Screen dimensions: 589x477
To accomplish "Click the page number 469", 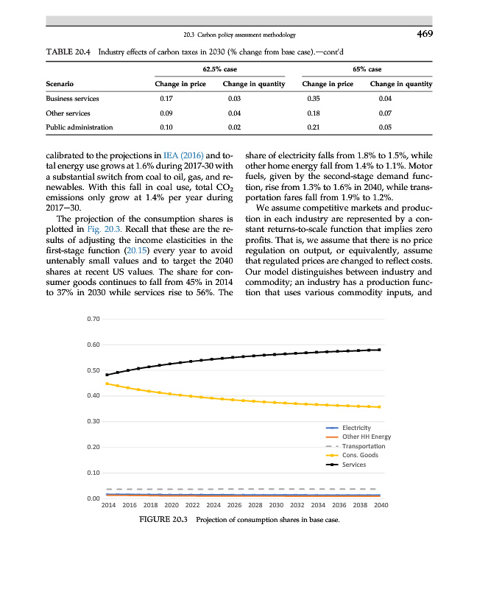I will pyautogui.click(x=423, y=33).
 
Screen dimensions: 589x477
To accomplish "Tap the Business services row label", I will pyautogui.click(x=72, y=97).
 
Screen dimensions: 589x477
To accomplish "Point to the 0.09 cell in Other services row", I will pyautogui.click(x=165, y=113).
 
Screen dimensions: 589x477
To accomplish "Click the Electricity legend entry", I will pyautogui.click(x=357, y=428).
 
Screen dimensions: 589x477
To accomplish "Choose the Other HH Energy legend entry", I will pyautogui.click(x=367, y=437).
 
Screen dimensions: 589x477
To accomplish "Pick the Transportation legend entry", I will pyautogui.click(x=364, y=446).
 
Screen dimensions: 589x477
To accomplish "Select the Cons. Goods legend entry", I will pyautogui.click(x=360, y=456).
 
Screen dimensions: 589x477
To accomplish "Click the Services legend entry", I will pyautogui.click(x=355, y=465).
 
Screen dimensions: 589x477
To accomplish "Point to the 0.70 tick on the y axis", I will pyautogui.click(x=93, y=319).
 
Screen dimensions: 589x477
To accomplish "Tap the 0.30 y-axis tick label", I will pyautogui.click(x=93, y=421).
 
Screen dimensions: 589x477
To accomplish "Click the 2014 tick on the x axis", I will pyautogui.click(x=108, y=506).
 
